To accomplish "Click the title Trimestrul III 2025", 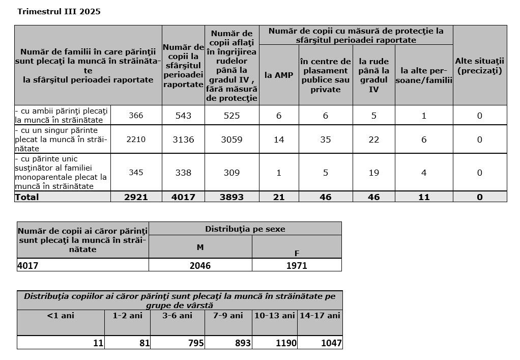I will (x=59, y=12).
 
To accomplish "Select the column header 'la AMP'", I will (x=279, y=75).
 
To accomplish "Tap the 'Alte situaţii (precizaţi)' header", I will (x=479, y=66).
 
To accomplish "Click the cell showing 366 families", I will (x=136, y=116).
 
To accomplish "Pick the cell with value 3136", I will (x=183, y=139).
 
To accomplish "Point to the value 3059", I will (x=232, y=139).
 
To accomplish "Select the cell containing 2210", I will (x=136, y=139).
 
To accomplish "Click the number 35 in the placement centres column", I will (x=325, y=139).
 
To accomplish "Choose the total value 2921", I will (x=136, y=197).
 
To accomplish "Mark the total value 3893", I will (x=232, y=197).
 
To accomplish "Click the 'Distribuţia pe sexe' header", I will (x=245, y=229).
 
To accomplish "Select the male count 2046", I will (x=200, y=265).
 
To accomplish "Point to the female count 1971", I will (x=297, y=265).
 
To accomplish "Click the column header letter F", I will (x=297, y=253).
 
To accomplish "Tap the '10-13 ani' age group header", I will (x=275, y=316).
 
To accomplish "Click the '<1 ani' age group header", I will (x=61, y=316).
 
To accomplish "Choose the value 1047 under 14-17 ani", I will (x=331, y=343).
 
